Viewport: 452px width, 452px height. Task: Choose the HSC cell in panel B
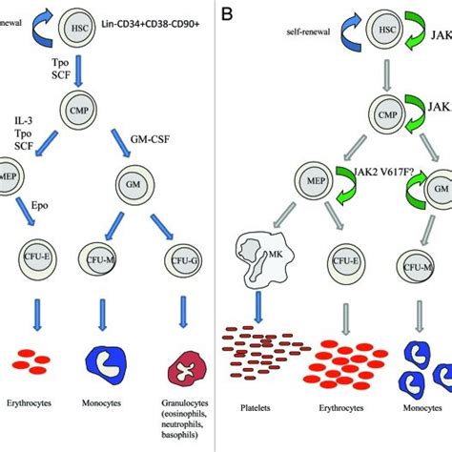(x=386, y=32)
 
